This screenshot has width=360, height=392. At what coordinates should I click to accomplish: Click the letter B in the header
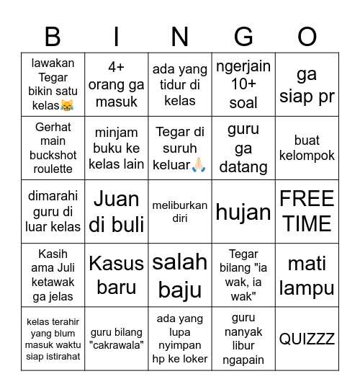53,36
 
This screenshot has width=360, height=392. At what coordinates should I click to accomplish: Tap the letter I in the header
116,36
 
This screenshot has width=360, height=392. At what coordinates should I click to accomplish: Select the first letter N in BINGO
180,36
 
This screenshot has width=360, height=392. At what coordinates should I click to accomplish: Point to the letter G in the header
243,36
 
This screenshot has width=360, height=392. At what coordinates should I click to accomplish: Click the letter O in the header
307,36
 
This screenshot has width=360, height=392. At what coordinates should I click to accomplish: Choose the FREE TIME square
307,211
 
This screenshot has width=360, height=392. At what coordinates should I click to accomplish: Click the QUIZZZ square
307,339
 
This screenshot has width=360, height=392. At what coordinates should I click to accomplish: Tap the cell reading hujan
243,212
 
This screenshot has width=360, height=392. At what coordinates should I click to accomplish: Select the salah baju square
180,275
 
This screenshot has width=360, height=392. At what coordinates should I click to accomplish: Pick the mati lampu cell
307,275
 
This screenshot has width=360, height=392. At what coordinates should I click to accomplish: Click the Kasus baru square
116,275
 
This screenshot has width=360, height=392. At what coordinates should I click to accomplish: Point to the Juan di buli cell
116,211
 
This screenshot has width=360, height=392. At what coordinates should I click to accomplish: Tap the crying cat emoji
67,106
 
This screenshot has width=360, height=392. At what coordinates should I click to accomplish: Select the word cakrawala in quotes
116,344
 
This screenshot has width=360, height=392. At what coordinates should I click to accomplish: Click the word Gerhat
53,127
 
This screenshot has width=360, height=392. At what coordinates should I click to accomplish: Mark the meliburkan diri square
180,211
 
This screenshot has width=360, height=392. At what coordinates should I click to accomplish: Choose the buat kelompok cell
307,148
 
